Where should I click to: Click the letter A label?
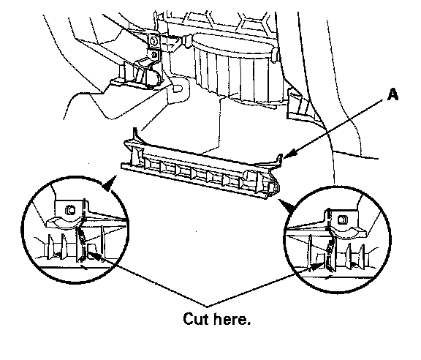[392, 95]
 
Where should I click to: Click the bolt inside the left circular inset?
[70, 210]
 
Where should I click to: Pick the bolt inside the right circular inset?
[342, 220]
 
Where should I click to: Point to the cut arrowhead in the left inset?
[97, 256]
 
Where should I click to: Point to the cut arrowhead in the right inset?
[316, 266]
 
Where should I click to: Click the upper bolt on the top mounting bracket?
[153, 40]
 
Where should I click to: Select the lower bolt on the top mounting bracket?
[154, 55]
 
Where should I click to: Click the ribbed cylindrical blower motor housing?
[236, 67]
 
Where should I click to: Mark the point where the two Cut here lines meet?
[207, 306]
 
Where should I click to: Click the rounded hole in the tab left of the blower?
[178, 88]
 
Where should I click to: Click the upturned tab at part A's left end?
[136, 135]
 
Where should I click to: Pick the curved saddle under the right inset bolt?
[348, 233]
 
